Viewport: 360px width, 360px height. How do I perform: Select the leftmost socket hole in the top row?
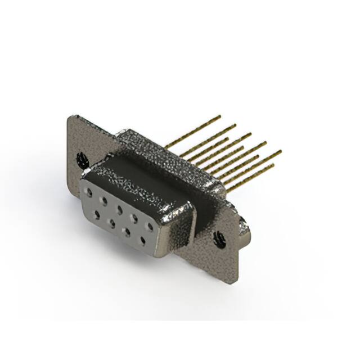click(x=89, y=192)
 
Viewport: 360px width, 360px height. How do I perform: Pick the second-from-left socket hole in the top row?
click(x=104, y=200)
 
